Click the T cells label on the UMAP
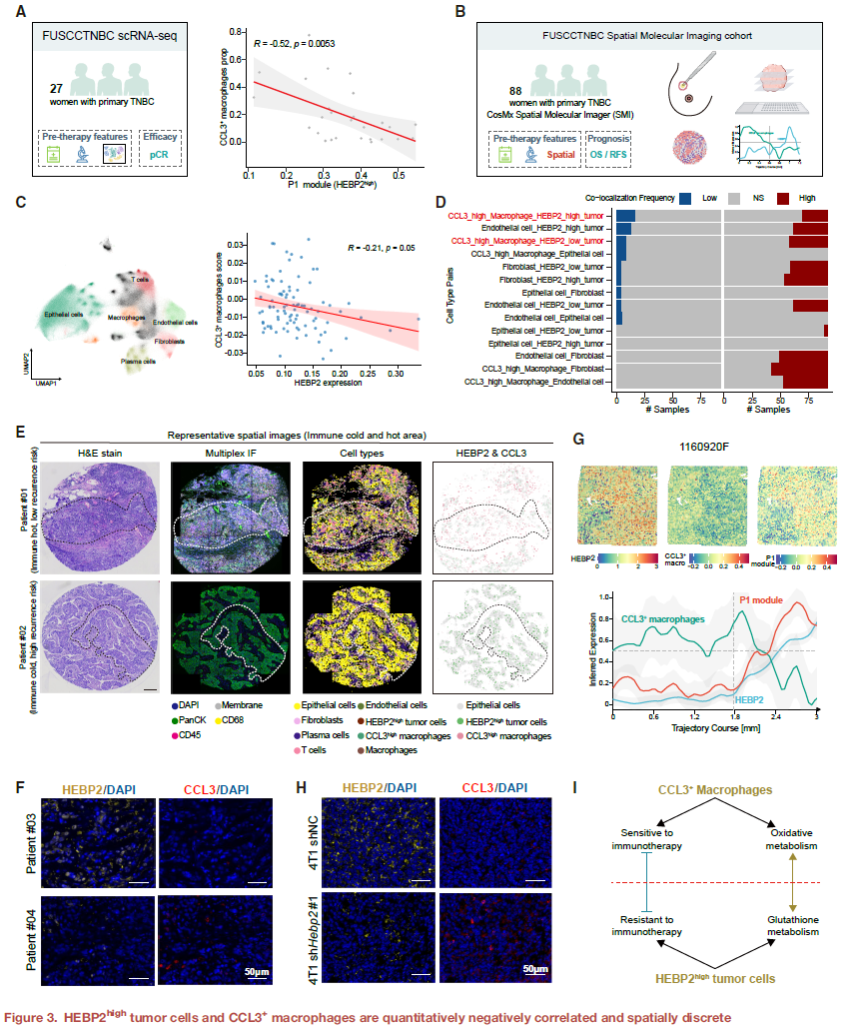[142, 281]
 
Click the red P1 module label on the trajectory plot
[761, 600]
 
